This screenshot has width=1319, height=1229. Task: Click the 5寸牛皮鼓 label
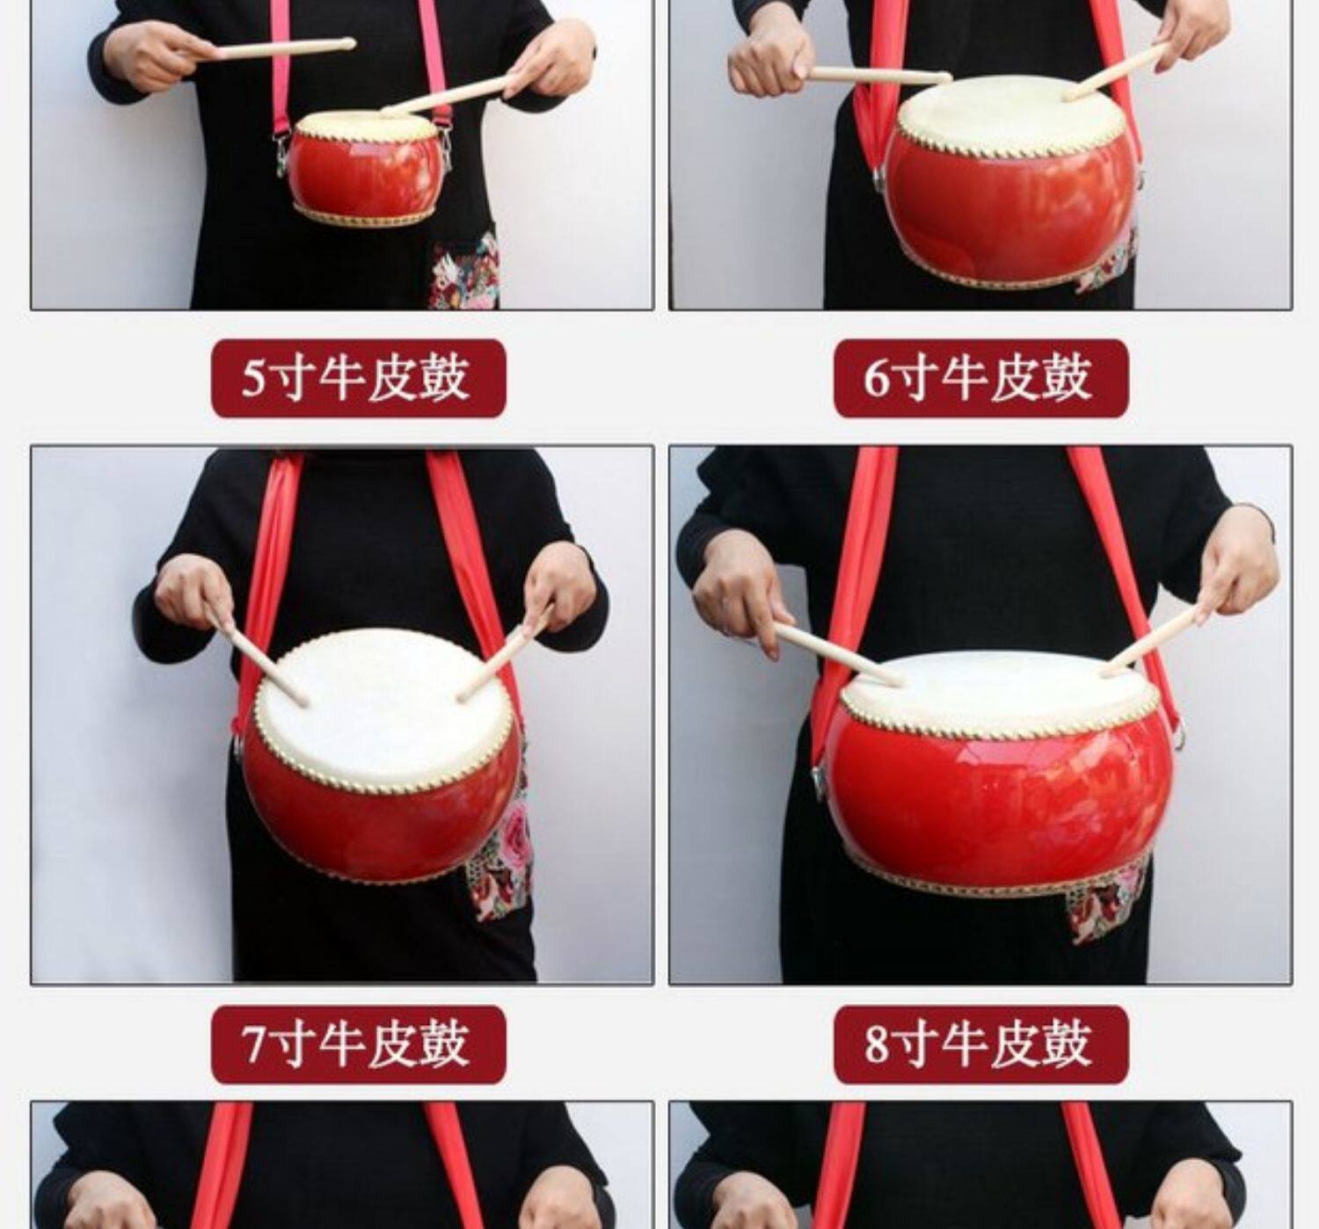point(358,379)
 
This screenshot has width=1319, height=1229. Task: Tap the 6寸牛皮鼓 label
point(981,379)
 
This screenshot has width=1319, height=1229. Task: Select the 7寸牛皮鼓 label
point(358,1044)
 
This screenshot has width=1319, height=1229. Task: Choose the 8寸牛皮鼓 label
point(981,1044)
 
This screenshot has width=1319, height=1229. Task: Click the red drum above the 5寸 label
point(366,167)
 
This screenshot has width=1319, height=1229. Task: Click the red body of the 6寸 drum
point(1012,205)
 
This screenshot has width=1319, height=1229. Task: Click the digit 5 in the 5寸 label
point(253,379)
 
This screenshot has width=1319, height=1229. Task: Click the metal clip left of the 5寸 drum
point(281,154)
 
